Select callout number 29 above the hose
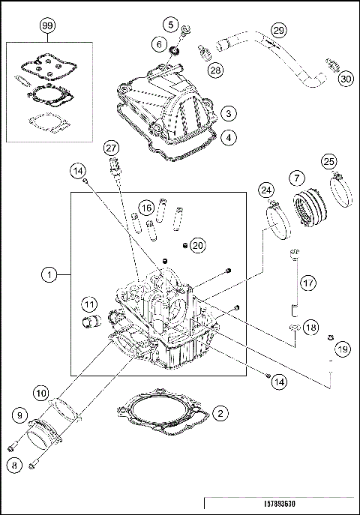(x=278, y=30)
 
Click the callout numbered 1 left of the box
(x=49, y=275)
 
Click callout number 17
(x=308, y=283)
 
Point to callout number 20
(x=197, y=245)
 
